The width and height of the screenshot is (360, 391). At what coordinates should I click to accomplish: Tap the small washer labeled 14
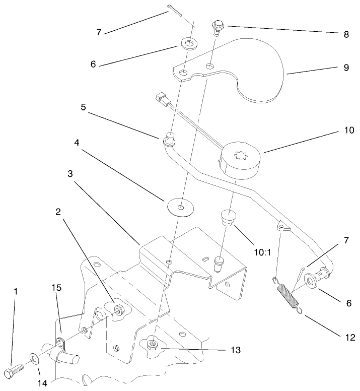(34, 359)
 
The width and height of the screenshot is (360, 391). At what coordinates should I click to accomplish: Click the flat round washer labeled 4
(180, 207)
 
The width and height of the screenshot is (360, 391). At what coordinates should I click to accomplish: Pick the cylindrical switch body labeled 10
(240, 161)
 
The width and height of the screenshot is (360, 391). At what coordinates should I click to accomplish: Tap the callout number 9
(346, 68)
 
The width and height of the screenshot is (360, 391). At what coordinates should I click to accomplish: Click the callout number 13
(235, 350)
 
